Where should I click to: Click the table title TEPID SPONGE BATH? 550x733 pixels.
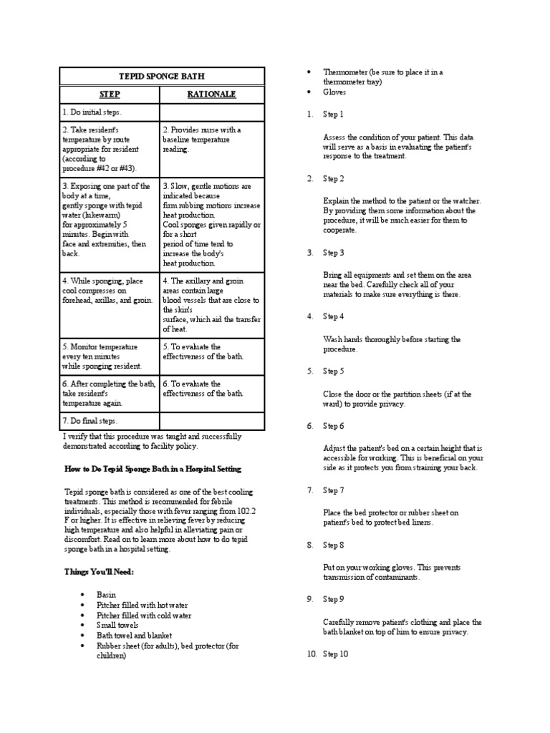pyautogui.click(x=161, y=76)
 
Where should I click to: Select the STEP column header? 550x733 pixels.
pyautogui.click(x=110, y=94)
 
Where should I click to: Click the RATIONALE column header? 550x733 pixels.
pyautogui.click(x=211, y=94)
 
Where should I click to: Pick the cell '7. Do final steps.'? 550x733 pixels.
pyautogui.click(x=90, y=421)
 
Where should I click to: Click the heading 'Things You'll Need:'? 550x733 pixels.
pyautogui.click(x=100, y=572)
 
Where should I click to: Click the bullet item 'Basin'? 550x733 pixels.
pyautogui.click(x=107, y=595)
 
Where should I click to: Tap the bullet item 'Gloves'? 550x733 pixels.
pyautogui.click(x=334, y=92)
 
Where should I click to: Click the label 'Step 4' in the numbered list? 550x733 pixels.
pyautogui.click(x=333, y=316)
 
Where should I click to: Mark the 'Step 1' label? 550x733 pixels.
pyautogui.click(x=333, y=115)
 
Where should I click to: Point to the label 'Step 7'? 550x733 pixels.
pyautogui.click(x=333, y=490)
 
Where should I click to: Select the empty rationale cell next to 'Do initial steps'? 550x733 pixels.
pyautogui.click(x=211, y=112)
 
